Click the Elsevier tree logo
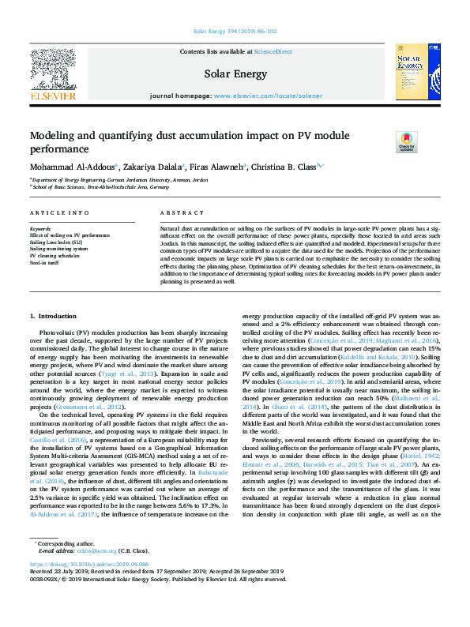(x=53, y=69)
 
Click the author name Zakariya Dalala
(x=153, y=167)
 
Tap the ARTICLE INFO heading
(x=59, y=213)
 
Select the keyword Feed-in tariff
(x=45, y=261)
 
